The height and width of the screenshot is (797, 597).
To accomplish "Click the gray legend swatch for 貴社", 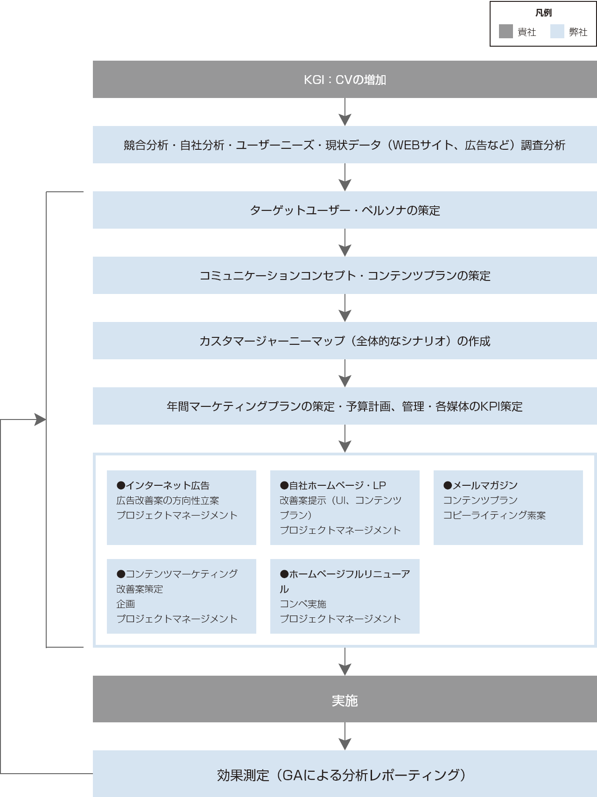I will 506,31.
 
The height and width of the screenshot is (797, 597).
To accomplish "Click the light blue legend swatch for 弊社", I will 557,31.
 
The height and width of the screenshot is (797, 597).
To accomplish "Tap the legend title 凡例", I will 543,13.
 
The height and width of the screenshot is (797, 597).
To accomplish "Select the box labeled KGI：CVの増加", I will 344,79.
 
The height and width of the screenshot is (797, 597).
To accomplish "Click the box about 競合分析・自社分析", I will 344,145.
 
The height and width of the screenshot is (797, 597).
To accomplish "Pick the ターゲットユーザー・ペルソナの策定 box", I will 344,210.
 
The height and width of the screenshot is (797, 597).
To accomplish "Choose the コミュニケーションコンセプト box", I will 344,275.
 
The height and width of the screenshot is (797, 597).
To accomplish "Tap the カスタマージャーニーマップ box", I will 344,341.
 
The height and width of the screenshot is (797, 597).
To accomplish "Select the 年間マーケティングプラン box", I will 344,406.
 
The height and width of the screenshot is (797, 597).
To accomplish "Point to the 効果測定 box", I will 344,775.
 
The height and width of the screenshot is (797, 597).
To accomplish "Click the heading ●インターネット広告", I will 163,485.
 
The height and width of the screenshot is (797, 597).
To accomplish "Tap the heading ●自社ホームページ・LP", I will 333,485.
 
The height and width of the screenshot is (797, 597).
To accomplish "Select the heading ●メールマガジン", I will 480,485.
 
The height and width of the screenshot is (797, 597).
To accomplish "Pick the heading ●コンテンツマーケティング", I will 177,574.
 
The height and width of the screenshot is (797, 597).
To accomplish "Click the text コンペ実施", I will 303,604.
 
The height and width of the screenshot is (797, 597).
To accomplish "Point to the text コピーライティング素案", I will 494,515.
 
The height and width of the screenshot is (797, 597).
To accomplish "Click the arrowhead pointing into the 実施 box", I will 345,669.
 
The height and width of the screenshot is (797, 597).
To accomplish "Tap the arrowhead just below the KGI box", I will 345,119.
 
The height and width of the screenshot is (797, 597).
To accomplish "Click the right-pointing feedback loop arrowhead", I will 41,419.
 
